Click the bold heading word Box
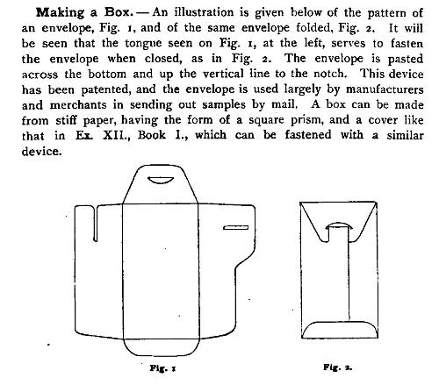point(119,12)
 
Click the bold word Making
point(61,13)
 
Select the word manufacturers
point(385,89)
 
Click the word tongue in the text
point(143,44)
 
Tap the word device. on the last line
point(42,151)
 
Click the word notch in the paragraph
point(330,74)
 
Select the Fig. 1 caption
point(162,368)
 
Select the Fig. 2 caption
point(338,367)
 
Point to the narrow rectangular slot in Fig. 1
point(236,227)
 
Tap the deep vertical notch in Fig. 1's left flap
point(96,224)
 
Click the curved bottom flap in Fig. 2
point(340,323)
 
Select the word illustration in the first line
point(205,12)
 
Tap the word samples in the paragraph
point(223,104)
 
